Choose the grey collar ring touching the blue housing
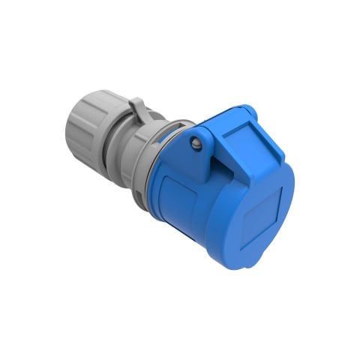(154, 165)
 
